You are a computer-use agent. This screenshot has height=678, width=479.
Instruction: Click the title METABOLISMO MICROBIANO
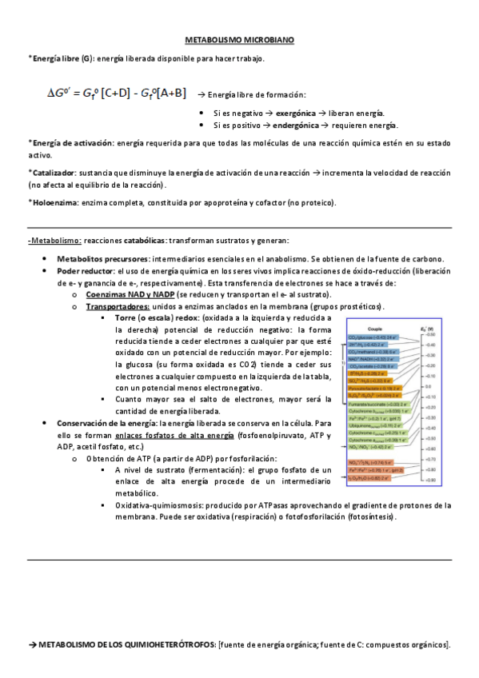point(239,38)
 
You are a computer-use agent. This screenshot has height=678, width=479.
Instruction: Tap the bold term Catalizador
point(54,173)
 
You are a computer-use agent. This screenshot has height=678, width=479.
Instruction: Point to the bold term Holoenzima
point(56,202)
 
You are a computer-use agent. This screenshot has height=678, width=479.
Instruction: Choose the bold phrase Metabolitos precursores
point(102,259)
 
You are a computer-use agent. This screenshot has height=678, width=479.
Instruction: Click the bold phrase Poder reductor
point(85,271)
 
